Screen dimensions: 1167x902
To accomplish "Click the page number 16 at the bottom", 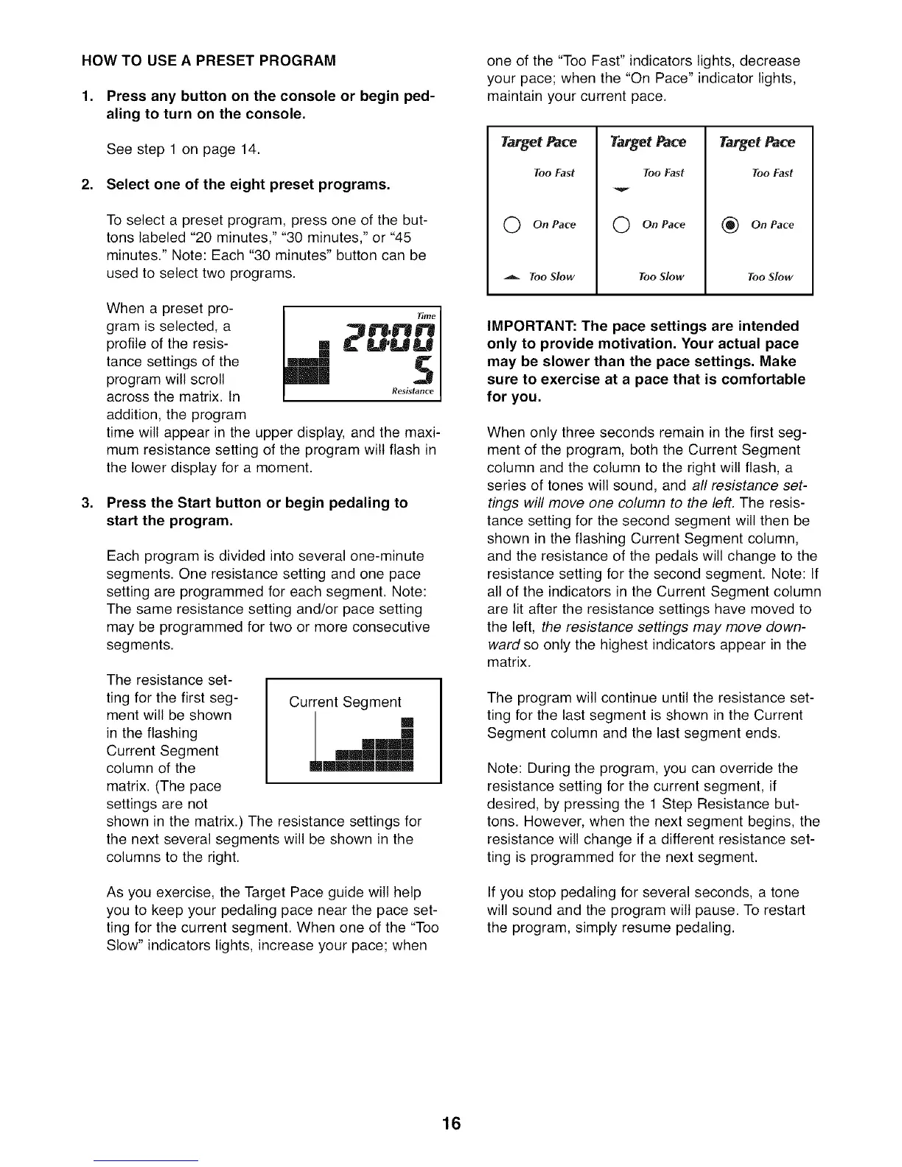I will pos(451,1124).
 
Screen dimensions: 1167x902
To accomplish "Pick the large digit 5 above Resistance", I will pos(423,371).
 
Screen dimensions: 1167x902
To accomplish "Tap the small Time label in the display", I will pos(427,315).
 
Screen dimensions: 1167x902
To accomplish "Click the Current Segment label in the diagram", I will pos(345,702).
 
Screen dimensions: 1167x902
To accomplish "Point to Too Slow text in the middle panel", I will pos(661,277).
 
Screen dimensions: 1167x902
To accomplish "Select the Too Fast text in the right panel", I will pos(772,173).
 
